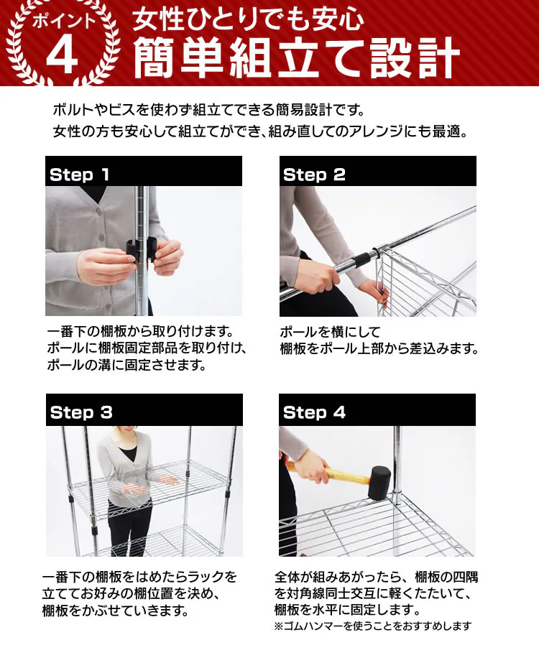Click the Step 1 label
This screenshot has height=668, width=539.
tap(79, 175)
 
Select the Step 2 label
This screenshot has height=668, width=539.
tap(314, 175)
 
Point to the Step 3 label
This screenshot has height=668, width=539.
tap(81, 412)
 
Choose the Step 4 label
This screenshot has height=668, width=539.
tap(314, 412)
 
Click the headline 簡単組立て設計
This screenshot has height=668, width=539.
tap(297, 58)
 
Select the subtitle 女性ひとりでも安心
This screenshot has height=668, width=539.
tap(248, 19)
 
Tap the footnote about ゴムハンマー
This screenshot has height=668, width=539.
tap(373, 626)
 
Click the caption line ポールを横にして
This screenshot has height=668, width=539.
tap(330, 331)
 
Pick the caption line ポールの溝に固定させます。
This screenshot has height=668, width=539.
tap(127, 365)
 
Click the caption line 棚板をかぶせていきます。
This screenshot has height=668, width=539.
tap(116, 611)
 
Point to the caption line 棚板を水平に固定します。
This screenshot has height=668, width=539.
tap(348, 610)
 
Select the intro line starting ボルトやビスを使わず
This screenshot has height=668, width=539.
tap(209, 110)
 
